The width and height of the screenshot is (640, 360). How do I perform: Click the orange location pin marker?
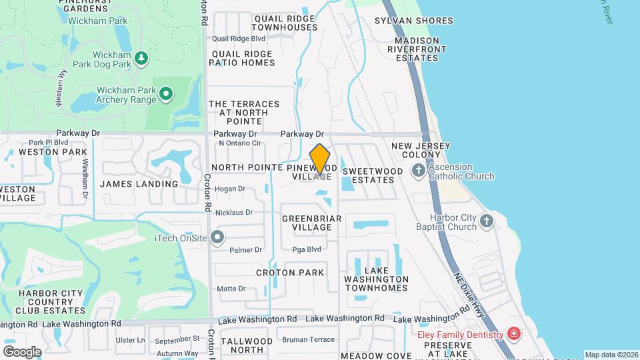(320, 160)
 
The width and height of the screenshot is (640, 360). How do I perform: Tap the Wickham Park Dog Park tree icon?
(141, 59)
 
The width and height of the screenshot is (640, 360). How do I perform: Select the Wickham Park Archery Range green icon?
(166, 94)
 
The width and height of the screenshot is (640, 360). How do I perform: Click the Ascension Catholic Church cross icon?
(418, 171)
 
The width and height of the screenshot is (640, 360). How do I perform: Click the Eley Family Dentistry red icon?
(513, 333)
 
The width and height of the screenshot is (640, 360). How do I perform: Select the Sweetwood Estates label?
(373, 176)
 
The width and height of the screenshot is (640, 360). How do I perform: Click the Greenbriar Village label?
(311, 223)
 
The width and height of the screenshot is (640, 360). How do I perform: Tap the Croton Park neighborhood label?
(290, 273)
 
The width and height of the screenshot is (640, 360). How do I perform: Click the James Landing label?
(139, 183)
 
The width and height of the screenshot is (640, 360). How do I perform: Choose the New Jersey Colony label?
(421, 150)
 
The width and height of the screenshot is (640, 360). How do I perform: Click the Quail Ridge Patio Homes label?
(241, 58)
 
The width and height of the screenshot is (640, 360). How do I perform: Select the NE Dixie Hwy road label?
(470, 294)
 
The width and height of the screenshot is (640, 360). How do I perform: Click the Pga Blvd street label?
(307, 249)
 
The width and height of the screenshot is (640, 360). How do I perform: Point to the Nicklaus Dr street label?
(234, 213)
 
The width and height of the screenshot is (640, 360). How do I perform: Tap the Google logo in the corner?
(22, 351)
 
